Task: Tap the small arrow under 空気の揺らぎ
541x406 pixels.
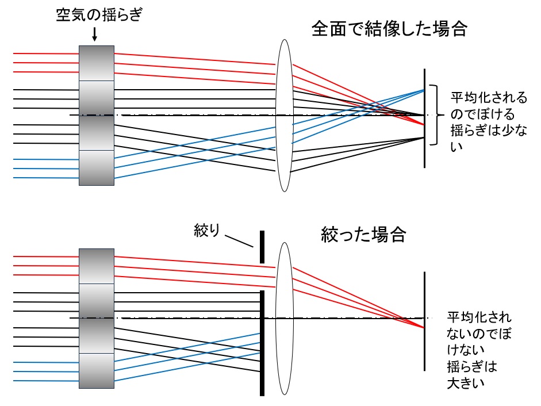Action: (95, 35)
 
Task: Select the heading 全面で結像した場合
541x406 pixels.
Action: (389, 28)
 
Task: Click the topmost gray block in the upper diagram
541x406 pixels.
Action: (97, 64)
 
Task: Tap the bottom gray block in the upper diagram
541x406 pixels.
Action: (97, 168)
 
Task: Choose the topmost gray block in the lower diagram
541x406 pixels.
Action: (97, 266)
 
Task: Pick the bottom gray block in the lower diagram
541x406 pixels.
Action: (97, 371)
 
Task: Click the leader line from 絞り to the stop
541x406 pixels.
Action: (239, 240)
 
